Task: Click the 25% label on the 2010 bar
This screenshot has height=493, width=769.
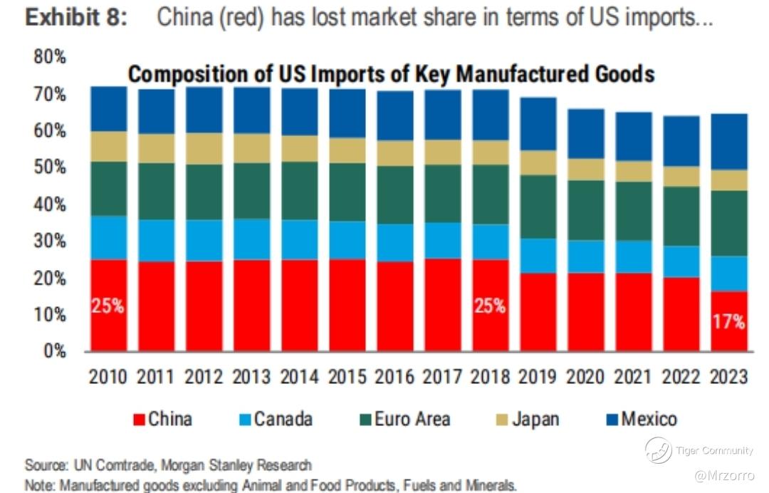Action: (108, 307)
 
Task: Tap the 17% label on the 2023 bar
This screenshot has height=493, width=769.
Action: (729, 321)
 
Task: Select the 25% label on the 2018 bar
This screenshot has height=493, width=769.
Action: (490, 306)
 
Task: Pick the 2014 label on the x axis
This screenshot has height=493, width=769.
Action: (299, 376)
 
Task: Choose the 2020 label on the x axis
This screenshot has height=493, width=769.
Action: (586, 376)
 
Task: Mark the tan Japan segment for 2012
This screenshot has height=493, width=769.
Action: (204, 148)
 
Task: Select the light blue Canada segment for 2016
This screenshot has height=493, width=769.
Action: (395, 243)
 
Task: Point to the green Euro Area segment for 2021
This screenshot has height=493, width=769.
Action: (634, 211)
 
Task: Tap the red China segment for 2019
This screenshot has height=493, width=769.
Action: (538, 312)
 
